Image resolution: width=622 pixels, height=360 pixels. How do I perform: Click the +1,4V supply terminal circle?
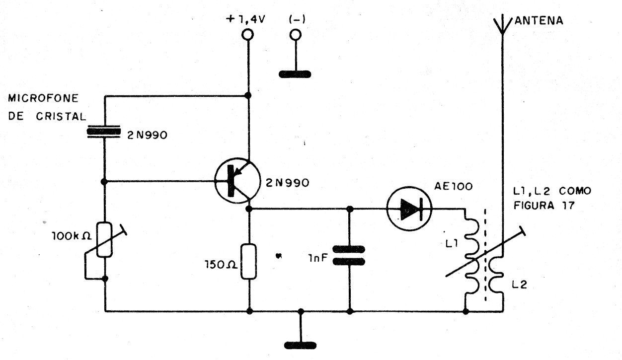247,35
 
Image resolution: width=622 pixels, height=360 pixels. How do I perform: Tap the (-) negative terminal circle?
296,35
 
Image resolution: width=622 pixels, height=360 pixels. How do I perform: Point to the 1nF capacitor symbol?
349,255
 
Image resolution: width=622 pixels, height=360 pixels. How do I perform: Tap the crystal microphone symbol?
104,131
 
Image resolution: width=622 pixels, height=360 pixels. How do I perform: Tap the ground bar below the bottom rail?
301,344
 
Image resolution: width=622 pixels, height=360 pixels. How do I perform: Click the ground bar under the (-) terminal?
296,74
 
